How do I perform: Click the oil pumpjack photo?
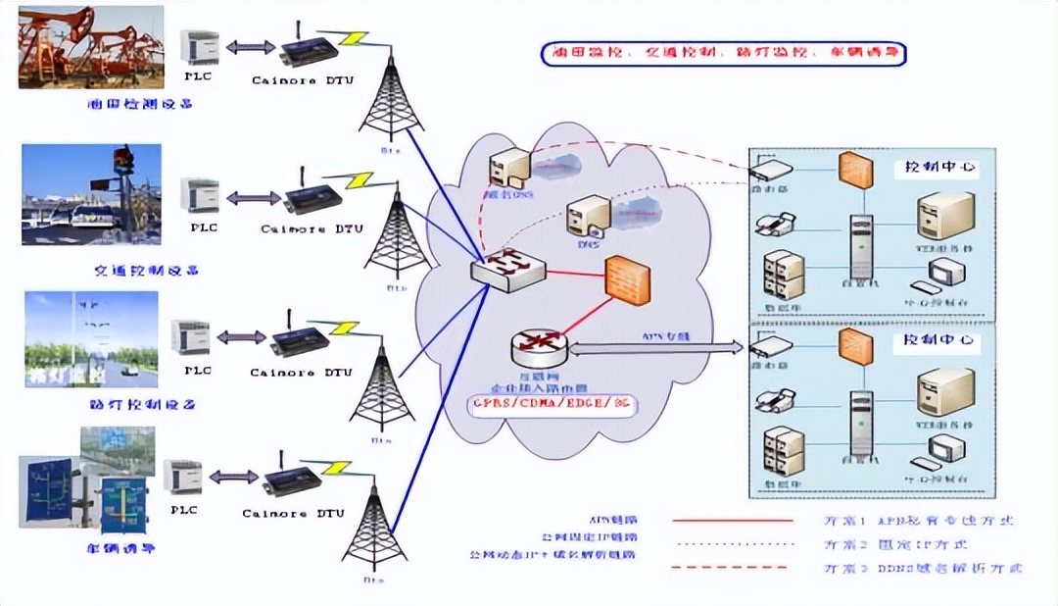[x=91, y=46]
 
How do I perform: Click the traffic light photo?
[x=91, y=194]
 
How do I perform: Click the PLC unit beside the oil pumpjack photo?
[x=200, y=47]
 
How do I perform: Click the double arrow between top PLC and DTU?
[x=249, y=46]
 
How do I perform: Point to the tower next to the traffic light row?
[x=397, y=235]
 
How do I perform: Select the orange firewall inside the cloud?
[x=628, y=280]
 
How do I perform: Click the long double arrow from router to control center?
[x=653, y=346]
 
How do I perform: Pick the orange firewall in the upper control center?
[x=855, y=171]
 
